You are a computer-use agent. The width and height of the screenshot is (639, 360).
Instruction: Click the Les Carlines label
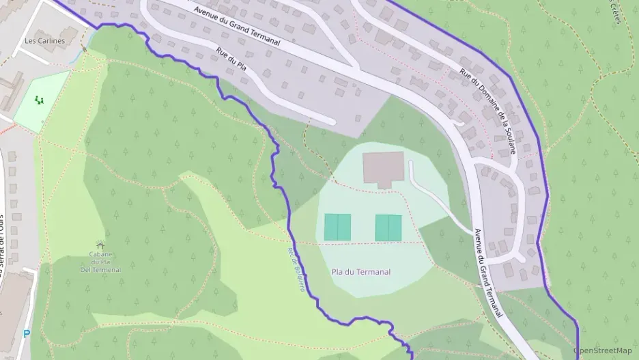coord(44,41)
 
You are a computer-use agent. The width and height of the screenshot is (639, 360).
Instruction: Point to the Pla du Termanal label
coord(360,272)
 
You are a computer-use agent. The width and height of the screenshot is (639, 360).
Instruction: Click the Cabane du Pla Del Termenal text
coord(100,262)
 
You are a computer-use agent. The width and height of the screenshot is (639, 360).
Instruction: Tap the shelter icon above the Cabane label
coord(100,245)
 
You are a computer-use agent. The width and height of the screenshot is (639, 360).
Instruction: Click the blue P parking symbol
coord(27,334)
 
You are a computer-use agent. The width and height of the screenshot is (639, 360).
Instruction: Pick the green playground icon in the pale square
coord(40,101)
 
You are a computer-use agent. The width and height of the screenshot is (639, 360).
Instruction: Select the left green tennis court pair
coord(337,227)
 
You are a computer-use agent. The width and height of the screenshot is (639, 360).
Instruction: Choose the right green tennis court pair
coord(388,227)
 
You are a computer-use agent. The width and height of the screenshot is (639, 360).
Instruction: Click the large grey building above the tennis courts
coord(384,169)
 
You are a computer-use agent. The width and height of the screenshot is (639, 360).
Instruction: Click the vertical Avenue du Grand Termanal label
coord(487,273)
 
